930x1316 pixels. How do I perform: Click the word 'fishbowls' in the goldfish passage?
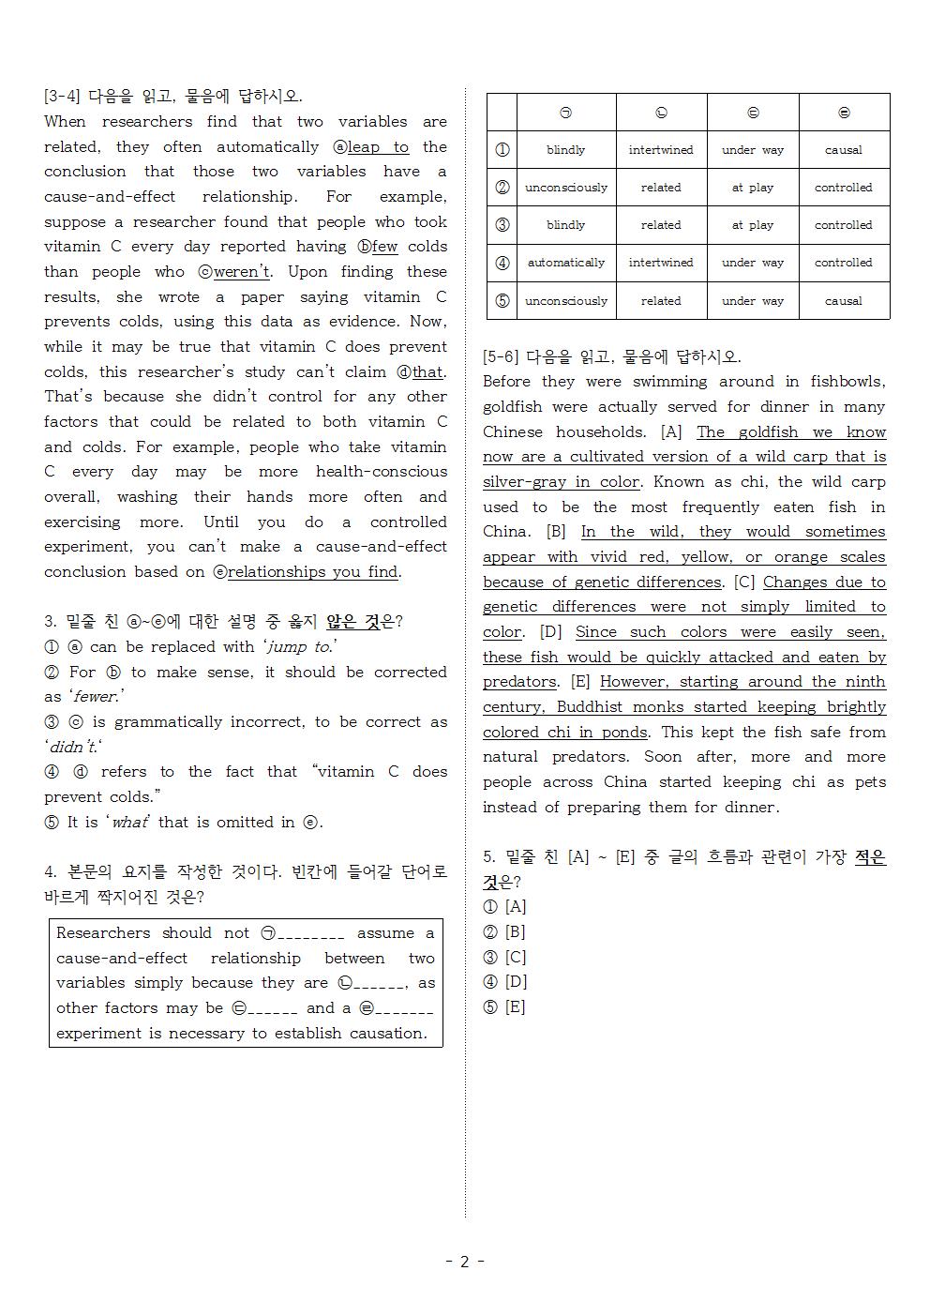coord(847,382)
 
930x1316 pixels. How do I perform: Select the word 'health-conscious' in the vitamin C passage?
coord(382,472)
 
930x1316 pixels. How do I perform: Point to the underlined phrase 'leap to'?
coord(378,147)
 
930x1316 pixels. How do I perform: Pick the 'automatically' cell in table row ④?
coord(565,263)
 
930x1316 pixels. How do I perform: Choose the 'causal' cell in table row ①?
coord(843,150)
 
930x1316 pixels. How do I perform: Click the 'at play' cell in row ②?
coord(752,188)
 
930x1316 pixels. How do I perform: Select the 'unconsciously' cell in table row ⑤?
coord(565,301)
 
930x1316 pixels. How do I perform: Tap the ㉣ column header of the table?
coord(843,113)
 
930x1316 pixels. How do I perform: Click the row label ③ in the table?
coord(502,225)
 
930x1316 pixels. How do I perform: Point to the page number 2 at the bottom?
coord(464,1262)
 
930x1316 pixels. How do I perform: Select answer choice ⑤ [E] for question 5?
coord(504,1007)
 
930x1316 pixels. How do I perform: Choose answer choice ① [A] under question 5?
coord(504,907)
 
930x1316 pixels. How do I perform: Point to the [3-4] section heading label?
coord(62,97)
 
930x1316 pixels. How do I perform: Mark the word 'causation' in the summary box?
coord(387,1034)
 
